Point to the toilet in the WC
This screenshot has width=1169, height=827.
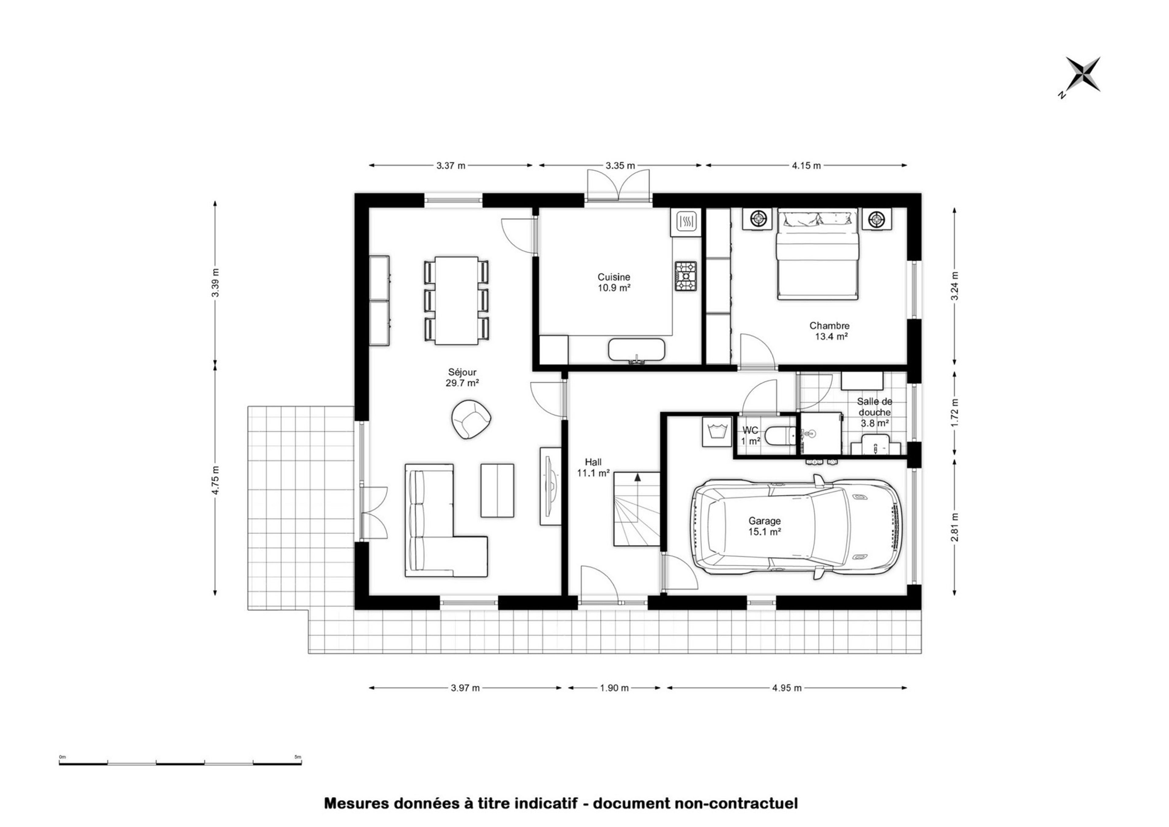tap(779, 435)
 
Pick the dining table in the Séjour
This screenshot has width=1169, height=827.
tap(456, 300)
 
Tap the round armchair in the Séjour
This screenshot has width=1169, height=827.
tap(471, 419)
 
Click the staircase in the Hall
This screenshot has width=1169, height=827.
tap(636, 509)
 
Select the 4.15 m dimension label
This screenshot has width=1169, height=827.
tap(806, 166)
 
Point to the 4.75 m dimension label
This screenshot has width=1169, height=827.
tap(216, 480)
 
